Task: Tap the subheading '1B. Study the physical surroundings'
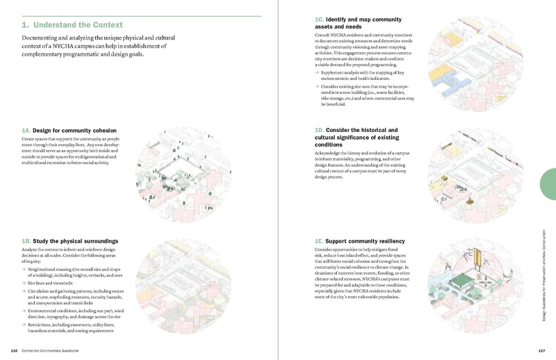[x=70, y=240]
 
